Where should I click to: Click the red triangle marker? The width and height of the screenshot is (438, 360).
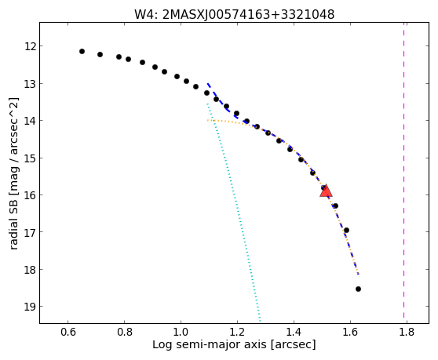click(326, 191)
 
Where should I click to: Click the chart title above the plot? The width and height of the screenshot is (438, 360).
click(235, 15)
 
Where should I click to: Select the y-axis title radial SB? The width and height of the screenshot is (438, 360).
click(13, 173)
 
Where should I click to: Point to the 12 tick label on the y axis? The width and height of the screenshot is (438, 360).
click(30, 46)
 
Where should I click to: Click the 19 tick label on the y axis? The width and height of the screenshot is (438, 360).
click(30, 307)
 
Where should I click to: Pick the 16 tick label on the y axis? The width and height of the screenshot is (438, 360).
click(30, 195)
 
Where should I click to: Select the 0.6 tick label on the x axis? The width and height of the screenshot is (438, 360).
click(68, 333)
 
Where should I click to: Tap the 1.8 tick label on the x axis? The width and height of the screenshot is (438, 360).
click(407, 333)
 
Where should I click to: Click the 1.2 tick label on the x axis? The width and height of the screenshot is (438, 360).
click(237, 333)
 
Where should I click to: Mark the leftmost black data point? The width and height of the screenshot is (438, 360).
click(82, 51)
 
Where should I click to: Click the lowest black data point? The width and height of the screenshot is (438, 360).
click(358, 289)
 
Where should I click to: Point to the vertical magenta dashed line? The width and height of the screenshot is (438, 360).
click(403, 170)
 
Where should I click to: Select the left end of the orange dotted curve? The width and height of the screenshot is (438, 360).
click(207, 120)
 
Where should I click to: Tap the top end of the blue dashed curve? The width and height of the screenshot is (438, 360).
click(207, 83)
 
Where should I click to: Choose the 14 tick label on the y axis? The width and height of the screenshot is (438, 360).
click(30, 121)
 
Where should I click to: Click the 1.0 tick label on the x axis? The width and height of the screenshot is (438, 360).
click(181, 333)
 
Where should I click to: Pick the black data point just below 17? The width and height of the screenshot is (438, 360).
click(346, 230)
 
